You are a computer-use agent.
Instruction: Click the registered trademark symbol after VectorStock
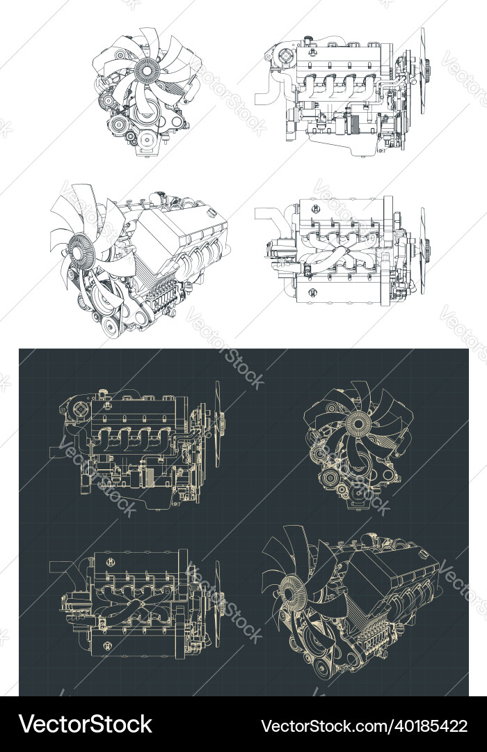pyautogui.click(x=155, y=716)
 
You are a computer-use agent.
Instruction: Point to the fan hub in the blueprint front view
pyautogui.click(x=358, y=422)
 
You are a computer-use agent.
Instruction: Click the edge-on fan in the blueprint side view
pyautogui.click(x=218, y=423)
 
